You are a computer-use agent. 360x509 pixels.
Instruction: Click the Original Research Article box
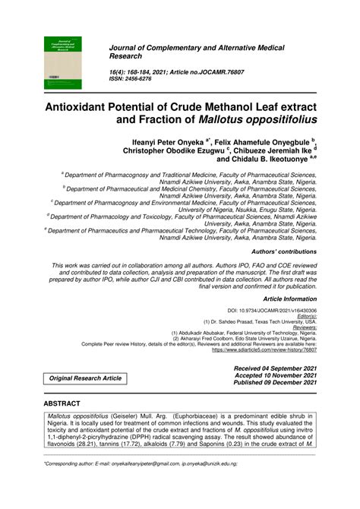[85, 378]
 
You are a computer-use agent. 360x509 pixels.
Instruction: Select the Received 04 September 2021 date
[274, 367]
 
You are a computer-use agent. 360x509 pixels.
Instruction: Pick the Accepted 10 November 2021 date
[276, 375]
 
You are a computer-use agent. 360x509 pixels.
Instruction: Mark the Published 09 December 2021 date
[274, 384]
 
